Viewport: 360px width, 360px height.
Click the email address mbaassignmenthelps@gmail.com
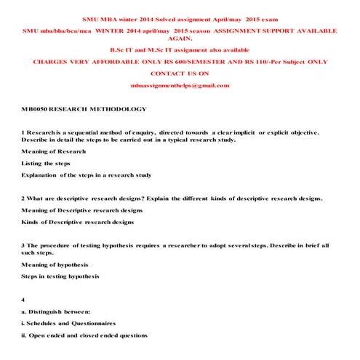tap(180, 86)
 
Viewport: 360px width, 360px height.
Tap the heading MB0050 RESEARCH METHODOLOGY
tap(84, 109)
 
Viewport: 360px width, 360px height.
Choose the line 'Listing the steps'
tap(46, 163)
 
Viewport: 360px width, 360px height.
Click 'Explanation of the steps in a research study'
tap(86, 175)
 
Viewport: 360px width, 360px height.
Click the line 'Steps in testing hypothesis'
tap(60, 276)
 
